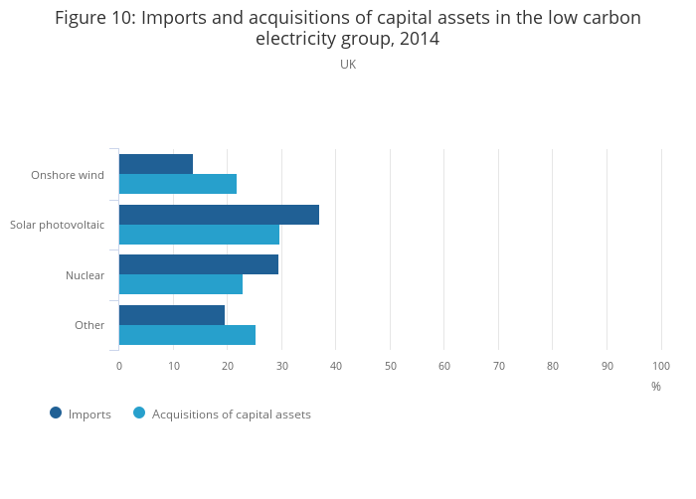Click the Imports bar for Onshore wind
point(156,164)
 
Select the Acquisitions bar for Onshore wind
point(178,184)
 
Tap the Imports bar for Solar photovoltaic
point(219,215)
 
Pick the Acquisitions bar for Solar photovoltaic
point(199,235)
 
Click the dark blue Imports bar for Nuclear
point(199,264)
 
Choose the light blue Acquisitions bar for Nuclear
point(181,284)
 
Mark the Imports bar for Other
point(172,315)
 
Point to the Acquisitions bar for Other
point(187,335)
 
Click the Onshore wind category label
point(68,175)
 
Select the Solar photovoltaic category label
point(57,225)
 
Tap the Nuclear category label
point(85,275)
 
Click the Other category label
point(89,325)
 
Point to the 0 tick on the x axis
point(119,366)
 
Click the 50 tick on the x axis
point(390,366)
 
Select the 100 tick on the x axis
point(661,366)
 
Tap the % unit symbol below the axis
point(656,387)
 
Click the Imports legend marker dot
point(56,413)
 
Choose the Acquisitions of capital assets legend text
point(231,415)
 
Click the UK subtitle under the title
point(348,65)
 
